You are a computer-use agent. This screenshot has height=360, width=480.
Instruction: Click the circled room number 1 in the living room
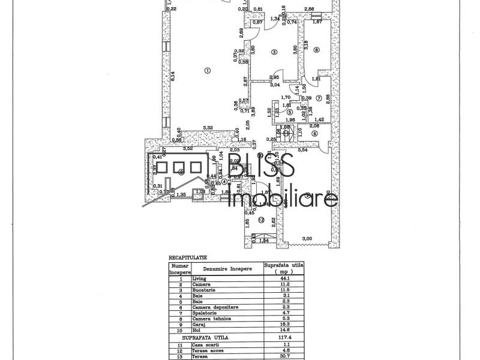[x=208, y=70]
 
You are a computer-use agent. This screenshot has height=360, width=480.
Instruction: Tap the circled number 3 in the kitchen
[x=274, y=53]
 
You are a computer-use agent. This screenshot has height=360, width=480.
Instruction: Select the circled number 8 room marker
[x=316, y=50]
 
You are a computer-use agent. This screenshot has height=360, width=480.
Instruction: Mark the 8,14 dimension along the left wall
[x=172, y=76]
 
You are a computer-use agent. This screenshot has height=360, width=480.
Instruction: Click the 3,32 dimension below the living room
[x=208, y=128]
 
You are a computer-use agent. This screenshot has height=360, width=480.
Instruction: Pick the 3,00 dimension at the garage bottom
[x=307, y=239]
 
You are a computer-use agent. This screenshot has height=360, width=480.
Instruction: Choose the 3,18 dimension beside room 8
[x=305, y=45]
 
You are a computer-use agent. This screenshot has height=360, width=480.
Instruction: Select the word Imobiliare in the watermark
[x=284, y=199]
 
